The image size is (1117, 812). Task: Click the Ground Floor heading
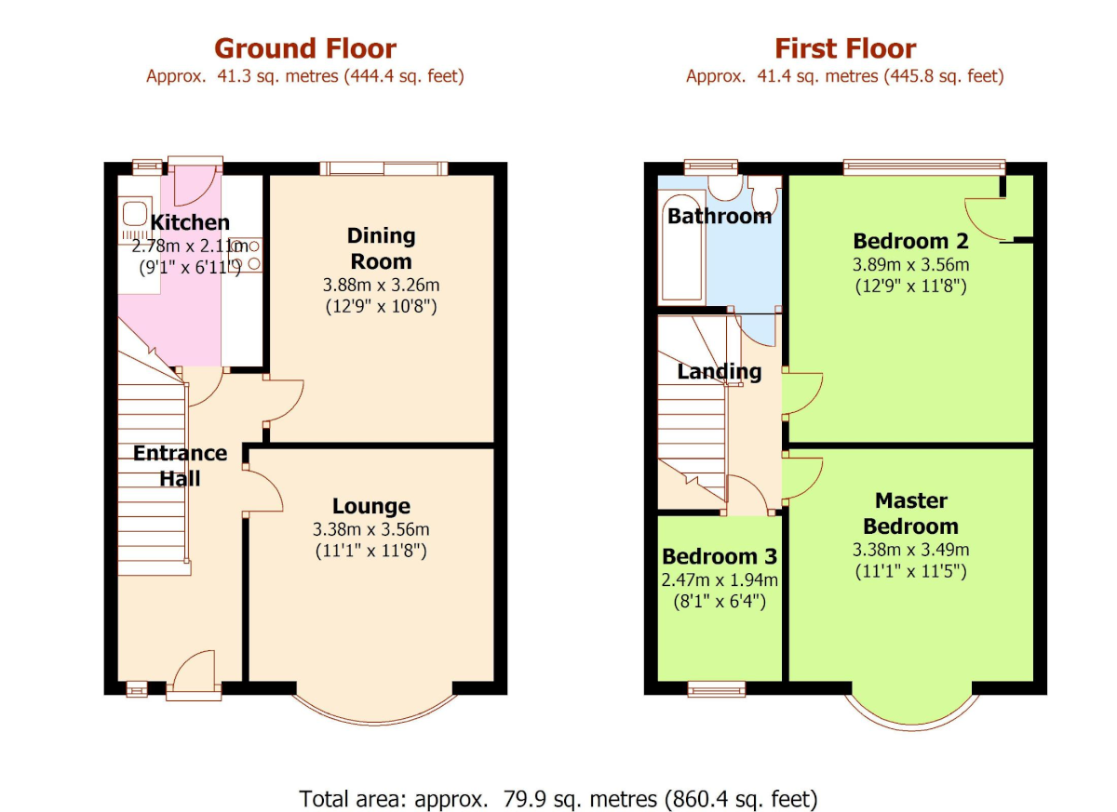(304, 48)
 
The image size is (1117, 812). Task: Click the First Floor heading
(845, 48)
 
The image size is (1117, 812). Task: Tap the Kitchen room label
(190, 222)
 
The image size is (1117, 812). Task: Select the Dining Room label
(381, 248)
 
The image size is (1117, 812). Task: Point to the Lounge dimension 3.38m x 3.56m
(371, 529)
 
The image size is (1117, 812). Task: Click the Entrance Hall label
(180, 465)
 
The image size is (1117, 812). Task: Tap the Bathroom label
(720, 216)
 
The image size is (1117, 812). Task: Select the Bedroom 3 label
(719, 556)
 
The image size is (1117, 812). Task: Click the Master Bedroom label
(910, 513)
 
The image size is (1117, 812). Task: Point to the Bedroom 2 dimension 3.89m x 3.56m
(910, 265)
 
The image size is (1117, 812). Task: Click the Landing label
(719, 372)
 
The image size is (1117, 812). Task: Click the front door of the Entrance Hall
(194, 677)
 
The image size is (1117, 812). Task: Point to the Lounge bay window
(376, 712)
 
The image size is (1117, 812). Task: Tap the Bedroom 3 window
(717, 688)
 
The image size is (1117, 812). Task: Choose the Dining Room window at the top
(384, 168)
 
